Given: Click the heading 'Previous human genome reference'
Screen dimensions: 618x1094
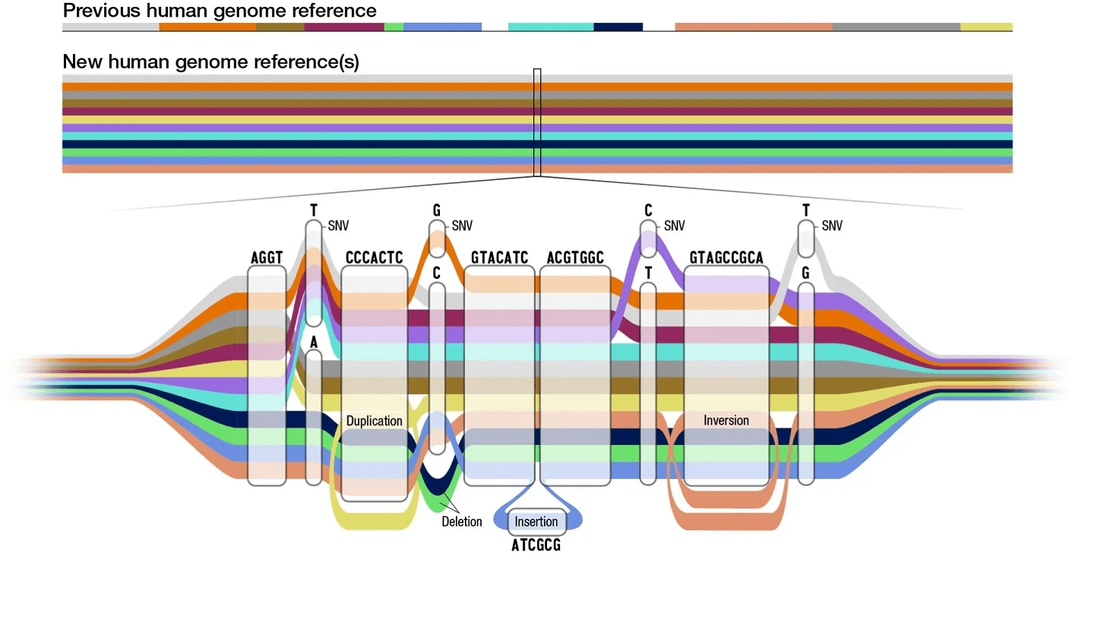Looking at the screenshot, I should point(220,11).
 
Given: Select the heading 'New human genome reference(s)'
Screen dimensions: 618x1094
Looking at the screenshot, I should point(210,62).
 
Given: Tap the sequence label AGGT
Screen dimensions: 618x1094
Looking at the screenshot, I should point(266,258).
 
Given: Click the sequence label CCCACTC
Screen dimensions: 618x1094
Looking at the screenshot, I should point(374,258).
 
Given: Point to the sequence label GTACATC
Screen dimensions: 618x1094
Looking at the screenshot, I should point(499,258).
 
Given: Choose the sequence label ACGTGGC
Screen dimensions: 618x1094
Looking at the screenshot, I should point(575,258).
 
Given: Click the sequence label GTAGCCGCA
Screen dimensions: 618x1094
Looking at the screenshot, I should point(726,258).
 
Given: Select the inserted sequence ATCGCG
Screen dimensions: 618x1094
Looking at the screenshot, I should point(536,545).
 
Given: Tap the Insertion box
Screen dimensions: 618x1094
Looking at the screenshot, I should point(536,522).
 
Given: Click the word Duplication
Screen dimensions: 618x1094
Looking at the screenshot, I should point(374,421).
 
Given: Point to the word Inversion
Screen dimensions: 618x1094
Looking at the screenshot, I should point(726,421).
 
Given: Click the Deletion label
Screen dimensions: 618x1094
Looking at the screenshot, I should point(462,522).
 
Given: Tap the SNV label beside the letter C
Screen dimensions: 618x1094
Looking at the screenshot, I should point(674,225).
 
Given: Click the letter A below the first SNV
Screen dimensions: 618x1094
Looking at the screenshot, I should point(314,343).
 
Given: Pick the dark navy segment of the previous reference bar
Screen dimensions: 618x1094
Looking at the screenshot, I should point(618,27).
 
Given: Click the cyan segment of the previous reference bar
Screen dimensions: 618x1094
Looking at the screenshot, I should point(550,27).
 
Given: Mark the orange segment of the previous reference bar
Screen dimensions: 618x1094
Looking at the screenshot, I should point(207,27).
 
